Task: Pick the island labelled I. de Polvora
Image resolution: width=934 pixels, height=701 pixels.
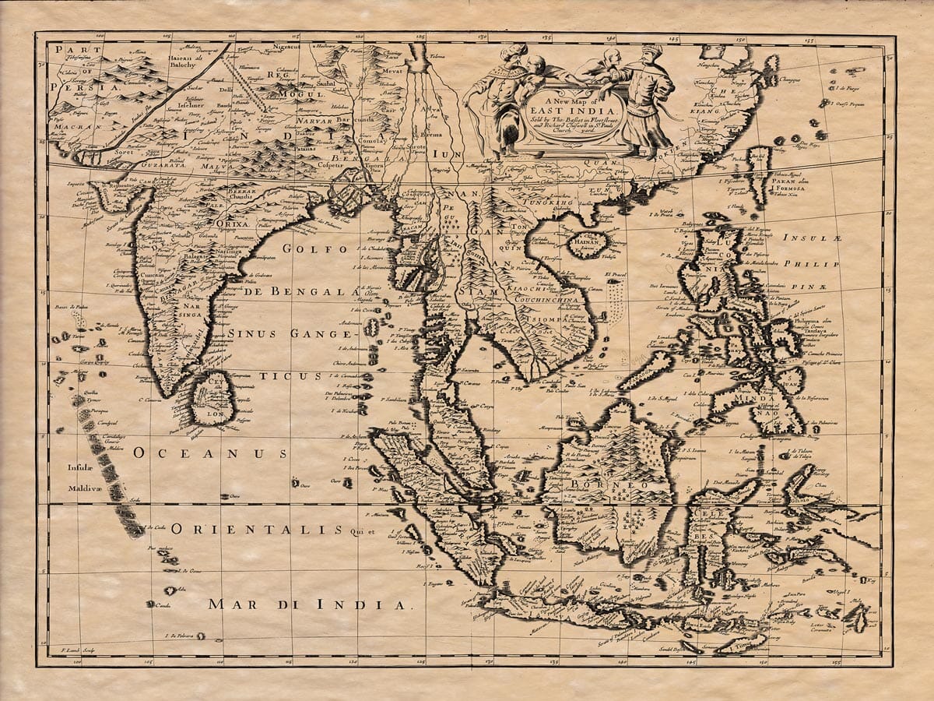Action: point(200,636)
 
